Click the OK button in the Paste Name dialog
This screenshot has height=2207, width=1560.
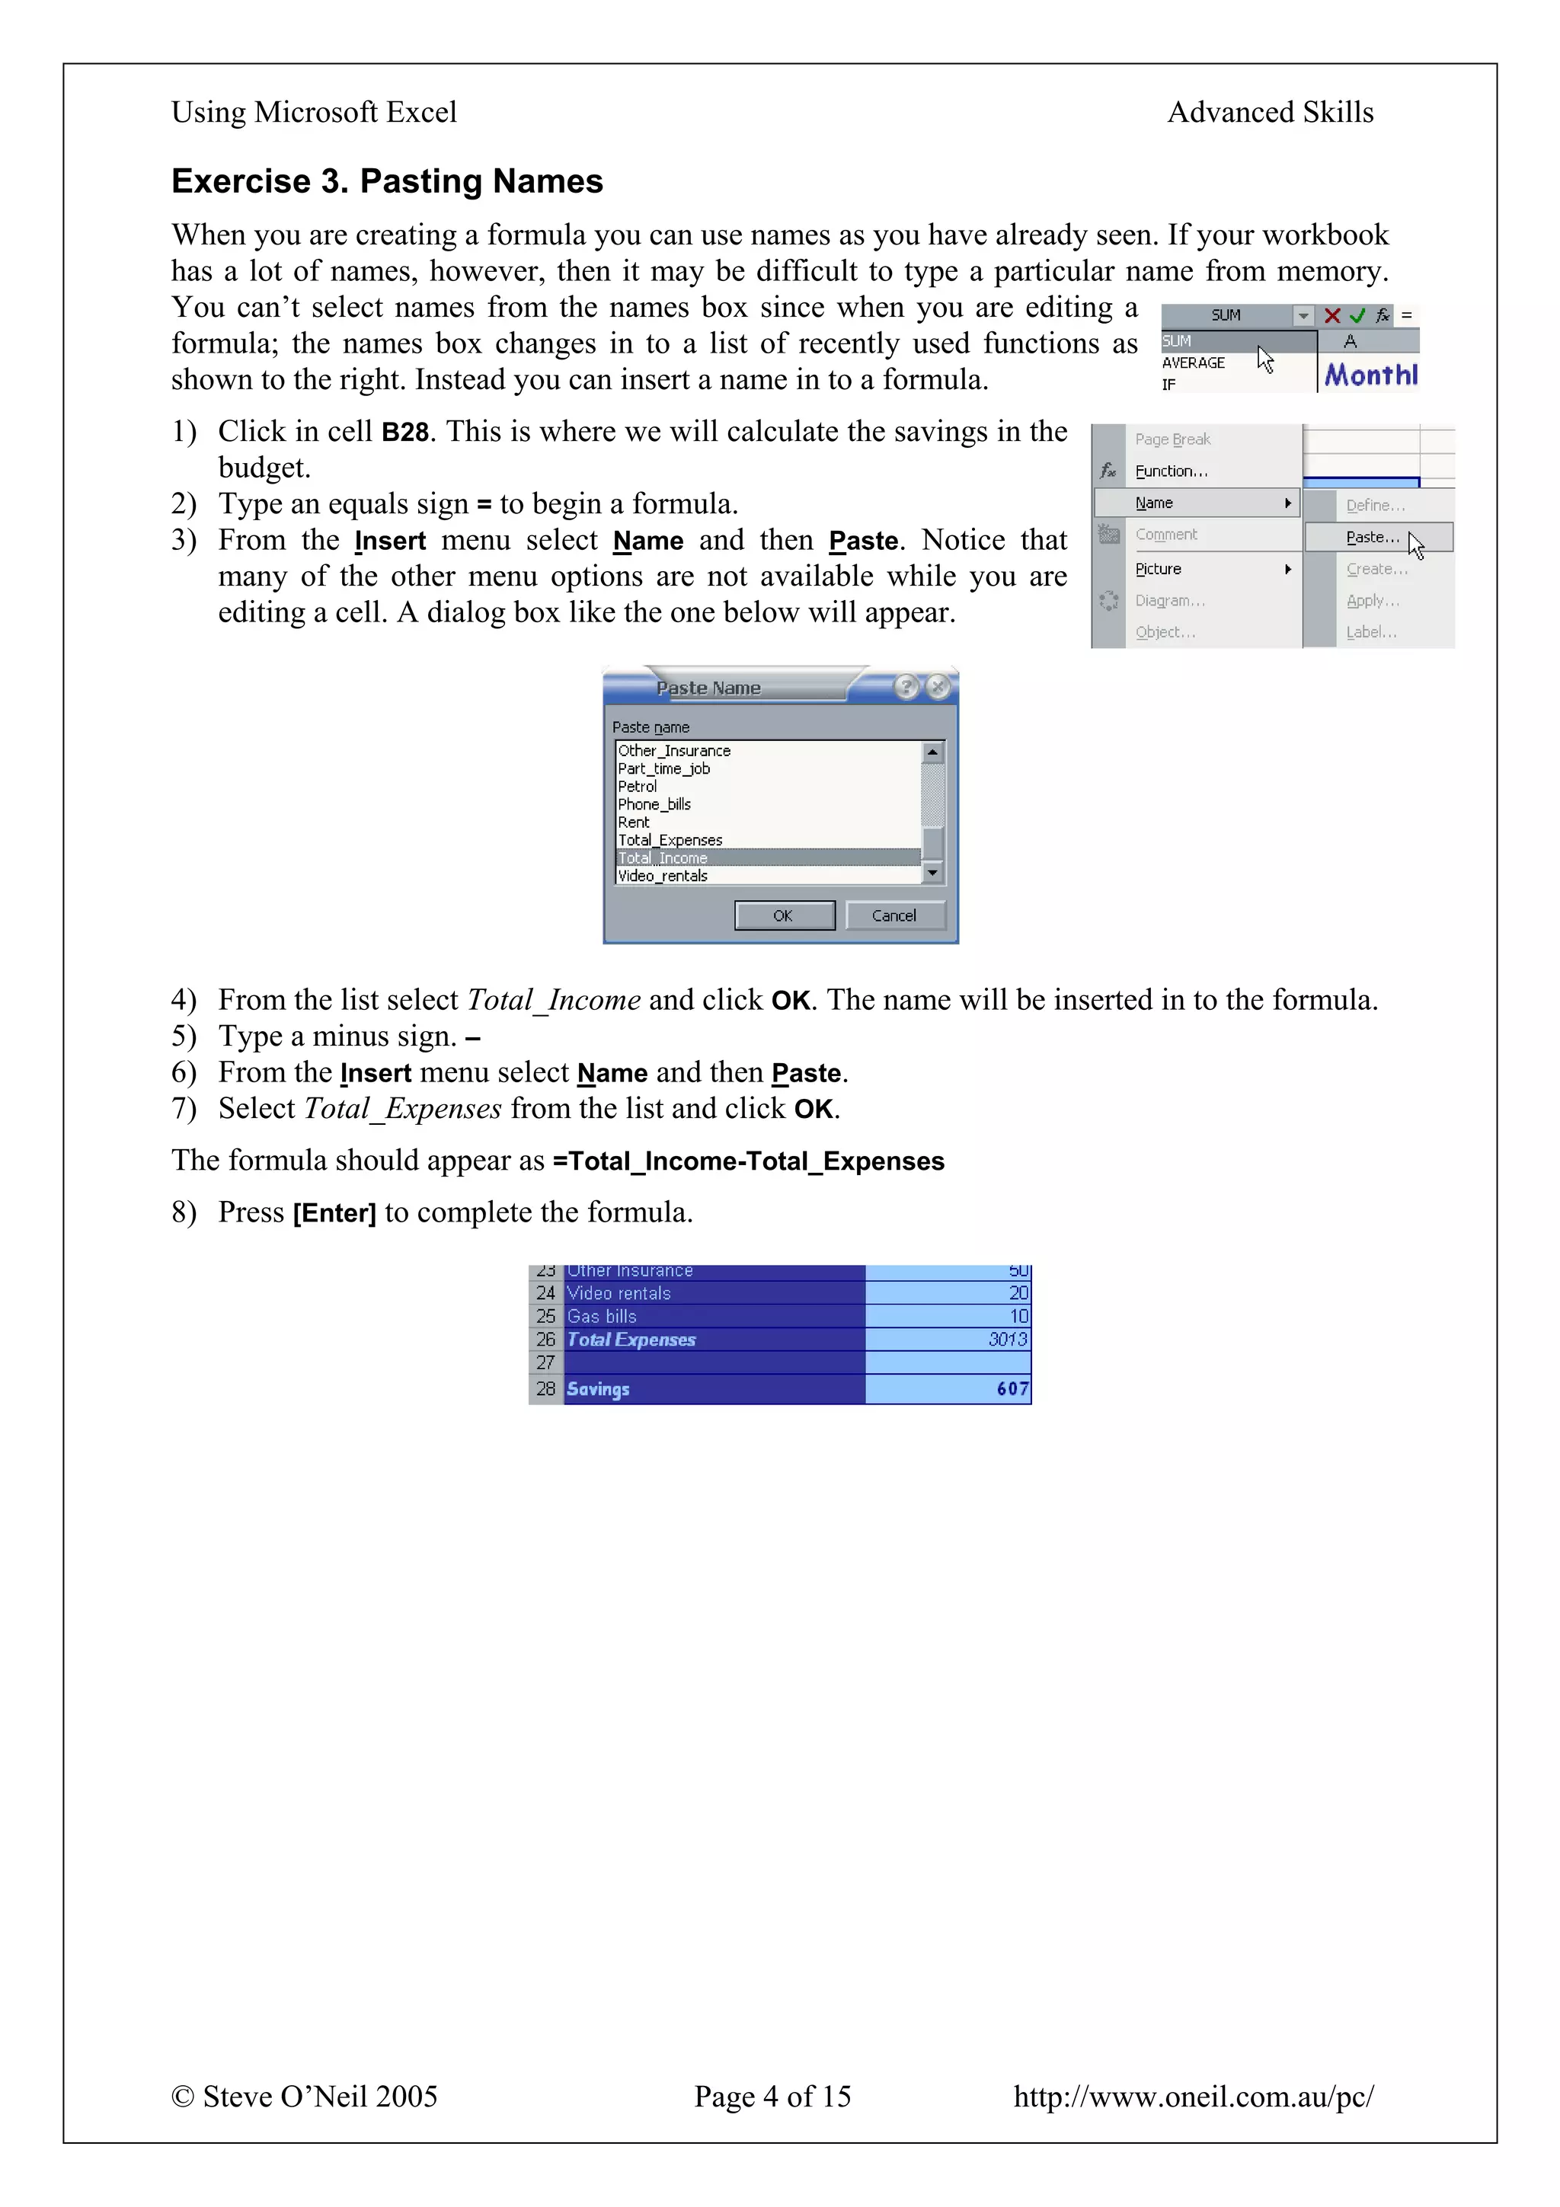point(783,915)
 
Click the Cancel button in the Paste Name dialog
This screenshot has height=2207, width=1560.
point(894,915)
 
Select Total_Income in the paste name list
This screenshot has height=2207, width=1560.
point(663,858)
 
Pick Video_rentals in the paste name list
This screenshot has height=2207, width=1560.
point(663,876)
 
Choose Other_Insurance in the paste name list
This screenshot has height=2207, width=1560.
point(674,751)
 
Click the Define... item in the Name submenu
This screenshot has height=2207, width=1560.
point(1374,506)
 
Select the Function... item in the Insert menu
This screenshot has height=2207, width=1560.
point(1171,471)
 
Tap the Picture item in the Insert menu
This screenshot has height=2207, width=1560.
point(1159,569)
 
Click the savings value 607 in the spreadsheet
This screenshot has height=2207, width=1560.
point(1012,1389)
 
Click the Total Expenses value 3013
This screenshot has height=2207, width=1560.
point(1007,1339)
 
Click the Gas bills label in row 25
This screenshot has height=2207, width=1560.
point(602,1316)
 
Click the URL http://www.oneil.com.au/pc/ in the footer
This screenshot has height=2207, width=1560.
point(1193,2096)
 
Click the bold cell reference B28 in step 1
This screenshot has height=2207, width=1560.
point(404,433)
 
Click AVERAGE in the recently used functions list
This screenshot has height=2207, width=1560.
point(1193,363)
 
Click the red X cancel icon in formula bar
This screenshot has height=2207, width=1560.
point(1331,315)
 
